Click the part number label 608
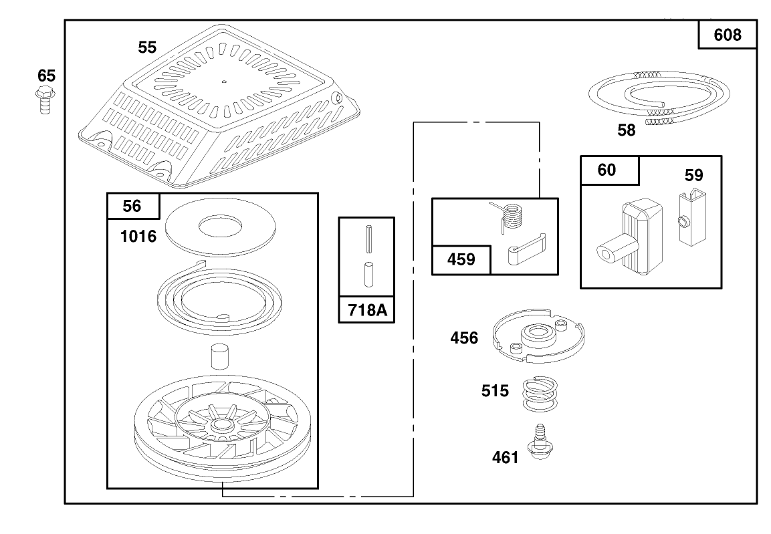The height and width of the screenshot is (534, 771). [728, 35]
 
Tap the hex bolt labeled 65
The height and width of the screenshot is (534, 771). [45, 100]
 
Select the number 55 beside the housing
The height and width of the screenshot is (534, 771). [147, 47]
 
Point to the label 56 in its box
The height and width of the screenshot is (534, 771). [132, 206]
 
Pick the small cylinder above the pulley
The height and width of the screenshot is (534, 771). [220, 356]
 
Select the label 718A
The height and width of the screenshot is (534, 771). [367, 310]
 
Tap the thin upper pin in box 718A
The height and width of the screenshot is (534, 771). [368, 239]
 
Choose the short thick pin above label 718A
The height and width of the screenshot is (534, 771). [368, 274]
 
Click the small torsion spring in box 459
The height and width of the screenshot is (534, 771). [508, 216]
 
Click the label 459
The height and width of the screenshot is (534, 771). [461, 259]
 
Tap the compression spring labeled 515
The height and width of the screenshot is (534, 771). [540, 394]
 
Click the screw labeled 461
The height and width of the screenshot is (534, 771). [540, 442]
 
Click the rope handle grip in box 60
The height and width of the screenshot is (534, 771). [631, 237]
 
